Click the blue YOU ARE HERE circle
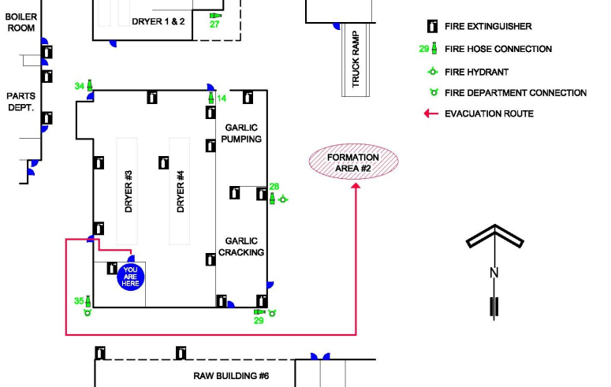click(130, 277)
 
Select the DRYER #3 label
click(129, 192)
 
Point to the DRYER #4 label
click(181, 192)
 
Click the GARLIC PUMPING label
click(241, 133)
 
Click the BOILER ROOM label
click(21, 22)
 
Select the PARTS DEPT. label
click(20, 102)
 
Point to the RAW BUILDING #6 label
click(231, 376)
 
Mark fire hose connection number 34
click(90, 85)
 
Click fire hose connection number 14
click(211, 98)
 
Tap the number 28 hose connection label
click(274, 187)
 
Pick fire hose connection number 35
click(88, 301)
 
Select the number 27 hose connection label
click(214, 24)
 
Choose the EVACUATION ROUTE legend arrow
click(431, 113)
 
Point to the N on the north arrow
click(494, 273)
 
